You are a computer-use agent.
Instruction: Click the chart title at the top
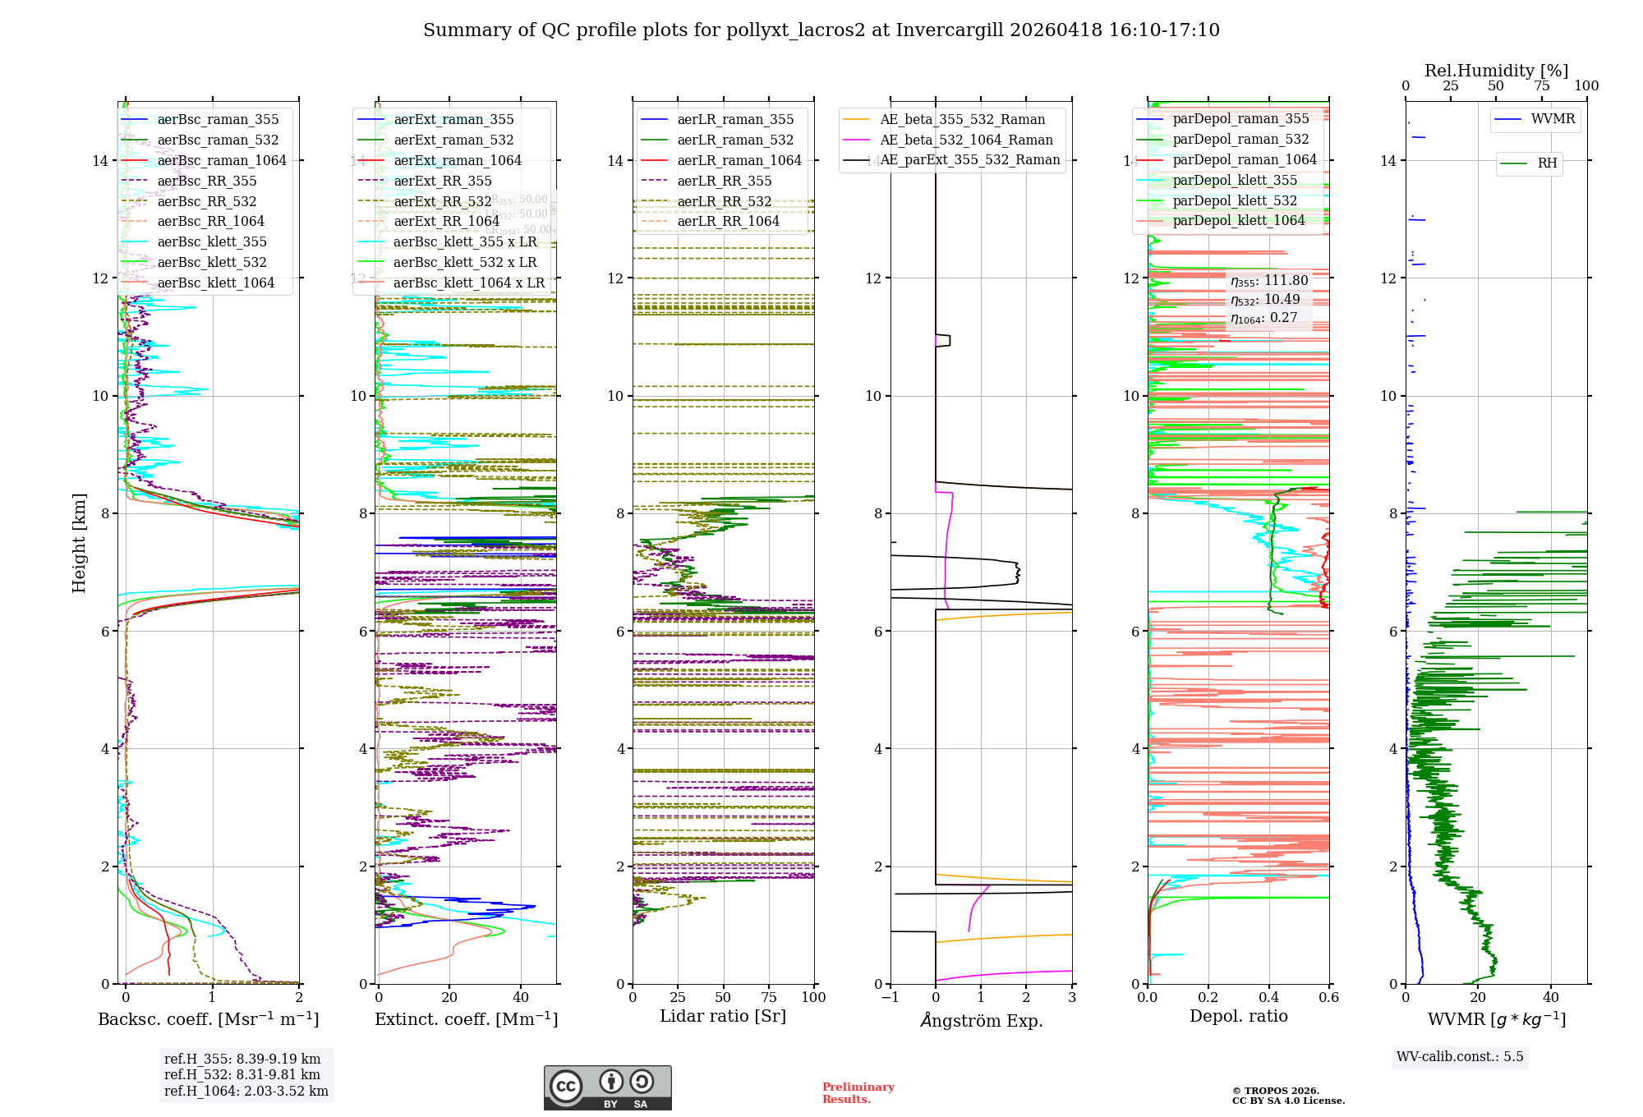tap(821, 30)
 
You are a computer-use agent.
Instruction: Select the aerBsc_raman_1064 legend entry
tap(222, 160)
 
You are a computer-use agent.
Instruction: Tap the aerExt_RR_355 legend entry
tap(442, 181)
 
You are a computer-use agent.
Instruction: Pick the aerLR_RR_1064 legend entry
tap(728, 221)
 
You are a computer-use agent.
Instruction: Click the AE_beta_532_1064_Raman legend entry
tap(966, 140)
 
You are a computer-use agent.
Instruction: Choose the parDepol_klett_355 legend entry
tap(1235, 180)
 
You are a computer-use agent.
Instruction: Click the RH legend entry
tap(1547, 163)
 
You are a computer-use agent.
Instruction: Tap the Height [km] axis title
tap(79, 542)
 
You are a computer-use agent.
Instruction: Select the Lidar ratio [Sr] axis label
tap(723, 1016)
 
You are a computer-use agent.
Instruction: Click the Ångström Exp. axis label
tap(981, 1020)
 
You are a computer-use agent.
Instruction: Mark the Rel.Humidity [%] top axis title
tap(1496, 71)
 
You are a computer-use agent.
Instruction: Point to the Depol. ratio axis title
tap(1238, 1016)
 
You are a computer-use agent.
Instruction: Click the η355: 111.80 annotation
tap(1269, 281)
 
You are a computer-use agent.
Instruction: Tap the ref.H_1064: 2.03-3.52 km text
tap(246, 1091)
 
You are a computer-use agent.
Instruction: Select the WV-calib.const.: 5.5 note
tap(1460, 1056)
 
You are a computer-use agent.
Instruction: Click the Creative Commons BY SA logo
tap(607, 1087)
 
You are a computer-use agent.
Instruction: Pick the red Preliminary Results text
tap(858, 1092)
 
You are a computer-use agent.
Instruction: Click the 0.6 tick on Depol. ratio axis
tap(1328, 997)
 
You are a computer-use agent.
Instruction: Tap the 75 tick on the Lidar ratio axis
tap(769, 997)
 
